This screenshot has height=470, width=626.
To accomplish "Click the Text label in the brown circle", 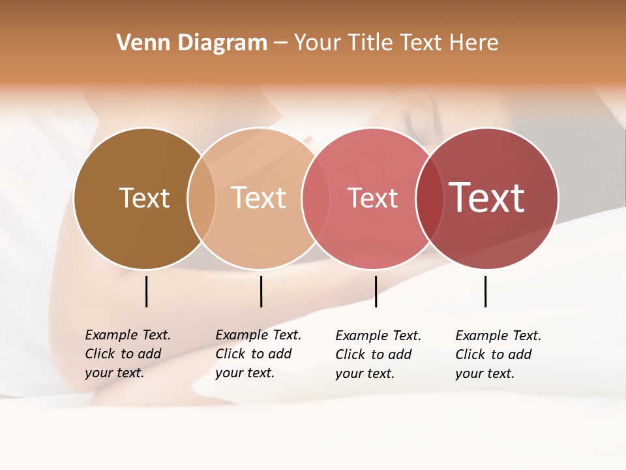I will coord(144,198).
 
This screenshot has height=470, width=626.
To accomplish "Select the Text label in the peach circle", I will coord(259,198).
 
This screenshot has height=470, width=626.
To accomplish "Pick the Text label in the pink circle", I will coord(372,198).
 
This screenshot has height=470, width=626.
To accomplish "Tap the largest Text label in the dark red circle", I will coord(487,197).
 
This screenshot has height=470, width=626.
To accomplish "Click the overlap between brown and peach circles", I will coord(201,198).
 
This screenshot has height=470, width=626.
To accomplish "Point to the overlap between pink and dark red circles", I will coord(430,198).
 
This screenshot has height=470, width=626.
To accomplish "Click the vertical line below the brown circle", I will coord(147,291).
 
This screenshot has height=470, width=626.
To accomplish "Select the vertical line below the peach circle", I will coord(261,291).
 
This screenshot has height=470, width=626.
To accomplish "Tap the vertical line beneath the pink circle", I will coord(376,291).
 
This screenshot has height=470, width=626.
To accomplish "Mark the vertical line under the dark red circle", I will coord(485,291).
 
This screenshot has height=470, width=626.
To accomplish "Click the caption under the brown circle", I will coord(128,354).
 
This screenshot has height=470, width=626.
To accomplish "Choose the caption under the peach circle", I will coord(258,354).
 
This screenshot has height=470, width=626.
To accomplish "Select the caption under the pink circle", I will coord(378,354).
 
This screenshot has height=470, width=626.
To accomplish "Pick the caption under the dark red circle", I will coord(498,354).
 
